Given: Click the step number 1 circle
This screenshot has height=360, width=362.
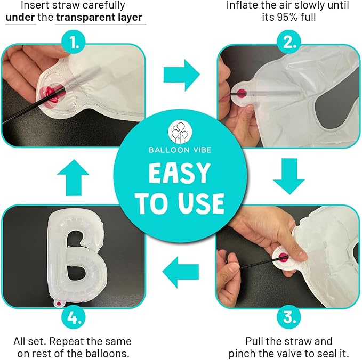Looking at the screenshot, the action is (74, 43).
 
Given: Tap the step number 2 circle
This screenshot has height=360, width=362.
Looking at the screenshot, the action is (289, 43).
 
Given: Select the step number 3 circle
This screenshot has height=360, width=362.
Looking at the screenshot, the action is (289, 317).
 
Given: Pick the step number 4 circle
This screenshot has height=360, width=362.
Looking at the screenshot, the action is (74, 317).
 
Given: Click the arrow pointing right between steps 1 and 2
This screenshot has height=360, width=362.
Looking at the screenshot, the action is (182, 75).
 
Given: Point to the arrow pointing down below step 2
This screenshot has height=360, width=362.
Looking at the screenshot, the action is (289, 176).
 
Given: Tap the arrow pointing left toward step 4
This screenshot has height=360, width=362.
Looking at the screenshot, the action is (181, 272).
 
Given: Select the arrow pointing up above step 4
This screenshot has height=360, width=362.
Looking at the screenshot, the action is (73, 177).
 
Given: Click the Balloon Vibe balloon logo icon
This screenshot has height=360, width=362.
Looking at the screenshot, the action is (180, 132).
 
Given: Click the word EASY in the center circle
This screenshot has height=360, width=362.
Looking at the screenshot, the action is (180, 173).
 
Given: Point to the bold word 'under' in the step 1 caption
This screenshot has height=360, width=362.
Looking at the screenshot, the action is (20, 17).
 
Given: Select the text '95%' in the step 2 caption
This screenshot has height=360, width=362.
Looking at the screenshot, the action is (287, 17).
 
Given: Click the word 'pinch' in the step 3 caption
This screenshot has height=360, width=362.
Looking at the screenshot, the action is (242, 353).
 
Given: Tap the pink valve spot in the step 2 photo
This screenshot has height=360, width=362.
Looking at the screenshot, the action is (242, 93).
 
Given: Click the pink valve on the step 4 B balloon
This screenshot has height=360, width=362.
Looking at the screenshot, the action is (59, 303).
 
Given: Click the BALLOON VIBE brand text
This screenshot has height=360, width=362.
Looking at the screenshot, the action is (180, 150).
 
